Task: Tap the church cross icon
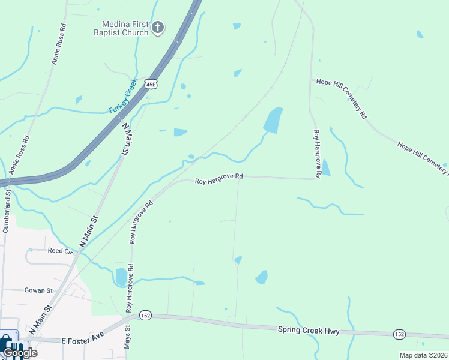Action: (158, 27)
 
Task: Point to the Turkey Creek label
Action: (123, 96)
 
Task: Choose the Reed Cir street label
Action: (60, 250)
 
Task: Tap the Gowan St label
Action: (39, 290)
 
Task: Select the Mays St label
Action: (127, 346)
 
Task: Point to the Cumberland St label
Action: (7, 209)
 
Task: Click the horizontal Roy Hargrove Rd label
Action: (220, 177)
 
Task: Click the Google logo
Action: (20, 353)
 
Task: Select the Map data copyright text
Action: (423, 355)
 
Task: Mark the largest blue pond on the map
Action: (273, 121)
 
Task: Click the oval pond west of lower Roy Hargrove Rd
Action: (121, 277)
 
